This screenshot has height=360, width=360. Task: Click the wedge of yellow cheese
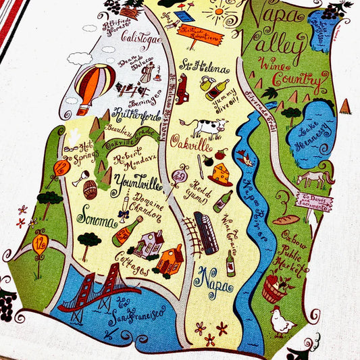click(220, 175)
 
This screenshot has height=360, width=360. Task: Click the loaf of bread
click(285, 220)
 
